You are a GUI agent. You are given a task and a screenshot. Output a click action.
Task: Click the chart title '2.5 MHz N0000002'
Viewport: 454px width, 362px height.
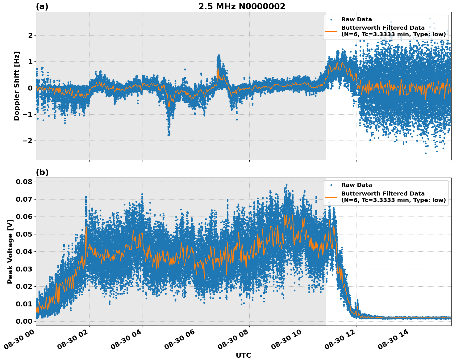tap(242, 6)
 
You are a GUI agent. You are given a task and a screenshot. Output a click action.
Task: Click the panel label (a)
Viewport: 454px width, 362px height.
tap(42, 6)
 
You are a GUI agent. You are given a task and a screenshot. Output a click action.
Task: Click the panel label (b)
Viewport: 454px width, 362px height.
tap(42, 172)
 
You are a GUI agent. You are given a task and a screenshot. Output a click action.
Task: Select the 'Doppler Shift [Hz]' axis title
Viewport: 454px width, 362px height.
tap(17, 86)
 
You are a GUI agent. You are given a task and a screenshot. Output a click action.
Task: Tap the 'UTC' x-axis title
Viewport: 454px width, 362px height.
tap(243, 355)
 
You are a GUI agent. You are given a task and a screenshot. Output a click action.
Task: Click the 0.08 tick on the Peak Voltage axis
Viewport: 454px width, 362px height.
tap(24, 182)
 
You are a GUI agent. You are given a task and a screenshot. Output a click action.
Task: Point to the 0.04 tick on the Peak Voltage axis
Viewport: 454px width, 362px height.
tap(24, 251)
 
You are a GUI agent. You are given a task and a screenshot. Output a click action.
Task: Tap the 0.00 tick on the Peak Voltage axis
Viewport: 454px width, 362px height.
tap(24, 321)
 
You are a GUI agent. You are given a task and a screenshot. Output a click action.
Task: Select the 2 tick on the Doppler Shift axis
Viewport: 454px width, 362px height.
tap(30, 35)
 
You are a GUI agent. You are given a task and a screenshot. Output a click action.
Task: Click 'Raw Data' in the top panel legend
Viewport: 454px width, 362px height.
tap(356, 19)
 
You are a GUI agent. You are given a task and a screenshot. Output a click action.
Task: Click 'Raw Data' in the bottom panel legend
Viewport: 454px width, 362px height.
tap(356, 185)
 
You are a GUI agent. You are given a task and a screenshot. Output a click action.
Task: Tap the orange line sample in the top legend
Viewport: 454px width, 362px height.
tap(331, 31)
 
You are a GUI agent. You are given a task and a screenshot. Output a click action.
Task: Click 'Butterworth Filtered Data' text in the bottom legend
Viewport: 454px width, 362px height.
tap(383, 194)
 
